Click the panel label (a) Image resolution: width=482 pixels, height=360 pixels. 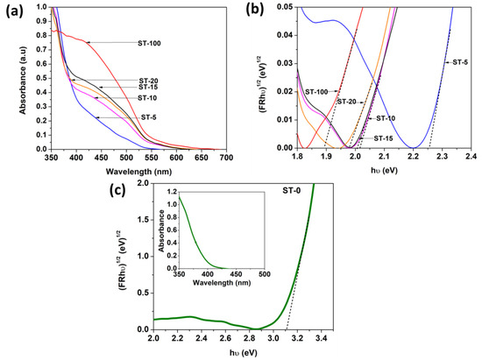point(11,11)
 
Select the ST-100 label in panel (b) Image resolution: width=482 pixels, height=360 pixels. point(316,91)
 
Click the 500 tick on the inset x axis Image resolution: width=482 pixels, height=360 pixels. point(264,277)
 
